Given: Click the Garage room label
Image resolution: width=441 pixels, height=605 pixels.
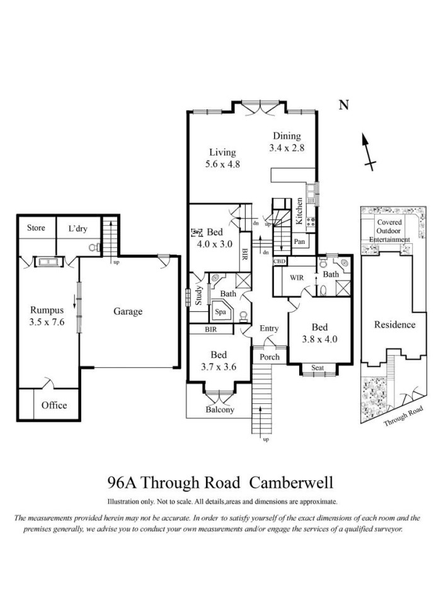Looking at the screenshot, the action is (128, 311).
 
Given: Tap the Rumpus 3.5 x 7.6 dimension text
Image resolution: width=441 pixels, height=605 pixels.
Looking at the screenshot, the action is (47, 322).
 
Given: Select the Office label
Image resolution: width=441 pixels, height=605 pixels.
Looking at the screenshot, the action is (54, 405).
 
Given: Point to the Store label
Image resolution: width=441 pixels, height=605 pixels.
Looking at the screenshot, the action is (36, 228).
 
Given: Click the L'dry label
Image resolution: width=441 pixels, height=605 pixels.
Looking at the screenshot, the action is (78, 228).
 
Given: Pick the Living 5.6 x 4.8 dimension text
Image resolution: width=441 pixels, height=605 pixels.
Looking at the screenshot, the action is (222, 164).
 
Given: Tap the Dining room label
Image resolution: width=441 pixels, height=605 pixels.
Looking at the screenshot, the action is (287, 136).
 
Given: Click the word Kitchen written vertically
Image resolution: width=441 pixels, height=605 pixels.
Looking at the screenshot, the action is (299, 211).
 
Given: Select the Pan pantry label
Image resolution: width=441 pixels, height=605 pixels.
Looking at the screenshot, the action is (299, 241).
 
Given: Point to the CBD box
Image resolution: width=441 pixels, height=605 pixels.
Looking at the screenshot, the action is (279, 261).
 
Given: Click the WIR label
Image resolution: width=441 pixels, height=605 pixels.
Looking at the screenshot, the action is (297, 277).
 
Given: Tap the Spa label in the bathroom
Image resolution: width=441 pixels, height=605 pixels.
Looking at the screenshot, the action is (220, 312).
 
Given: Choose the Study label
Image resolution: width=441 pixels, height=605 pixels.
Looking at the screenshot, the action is (198, 295).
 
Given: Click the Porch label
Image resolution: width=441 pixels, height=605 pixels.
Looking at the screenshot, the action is (269, 357).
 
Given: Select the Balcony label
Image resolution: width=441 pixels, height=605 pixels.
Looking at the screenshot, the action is (220, 410).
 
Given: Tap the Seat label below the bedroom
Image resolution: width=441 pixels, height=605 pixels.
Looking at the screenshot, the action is (318, 367).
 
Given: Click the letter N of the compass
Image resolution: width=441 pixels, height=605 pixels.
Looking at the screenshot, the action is (344, 105).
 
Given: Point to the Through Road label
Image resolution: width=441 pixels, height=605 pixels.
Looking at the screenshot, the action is (403, 416).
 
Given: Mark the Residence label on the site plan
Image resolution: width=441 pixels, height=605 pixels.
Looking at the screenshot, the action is (395, 325).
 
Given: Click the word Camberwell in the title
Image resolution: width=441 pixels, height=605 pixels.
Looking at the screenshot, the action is (291, 482).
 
